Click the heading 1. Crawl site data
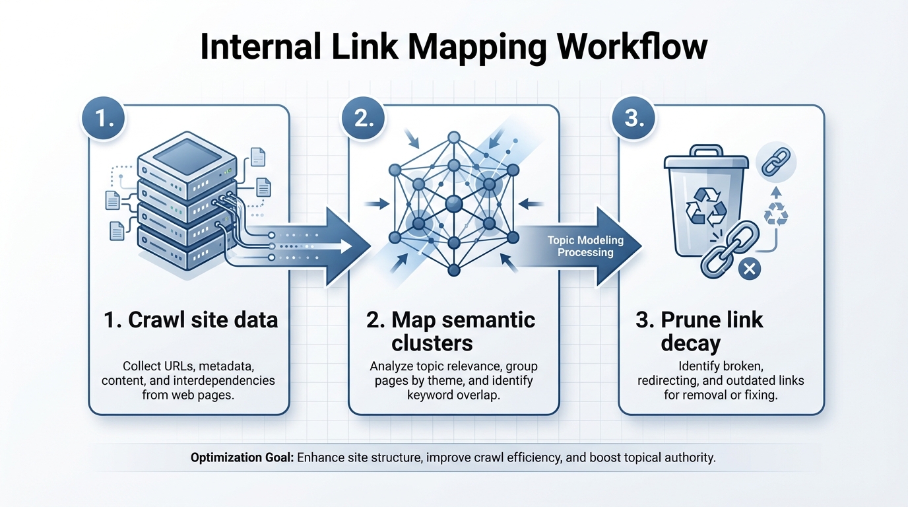point(191,320)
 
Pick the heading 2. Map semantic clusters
point(451,331)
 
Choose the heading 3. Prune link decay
point(699,331)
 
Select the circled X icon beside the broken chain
point(748,269)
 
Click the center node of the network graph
point(453,204)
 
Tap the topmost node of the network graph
point(453,137)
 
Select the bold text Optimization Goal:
point(242,457)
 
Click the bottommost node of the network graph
point(453,270)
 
